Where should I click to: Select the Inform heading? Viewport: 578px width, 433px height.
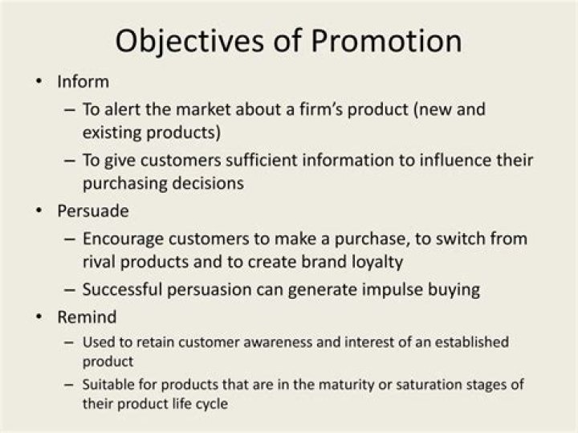pos(83,82)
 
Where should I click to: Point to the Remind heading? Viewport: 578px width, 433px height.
pos(87,317)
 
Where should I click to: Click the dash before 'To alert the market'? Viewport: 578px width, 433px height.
pos(69,108)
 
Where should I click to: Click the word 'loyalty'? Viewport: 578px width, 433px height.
pos(375,262)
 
